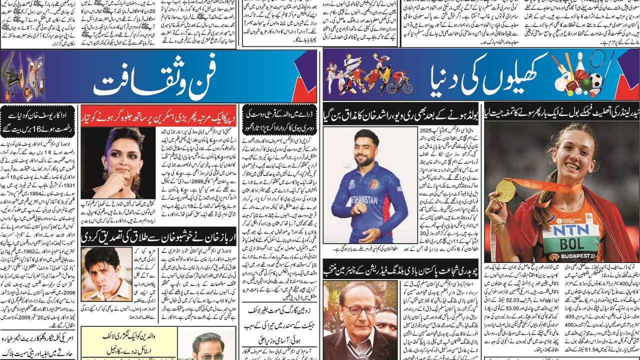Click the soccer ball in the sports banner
[596, 80]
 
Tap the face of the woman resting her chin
[118, 153]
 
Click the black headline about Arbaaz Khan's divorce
[158, 235]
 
